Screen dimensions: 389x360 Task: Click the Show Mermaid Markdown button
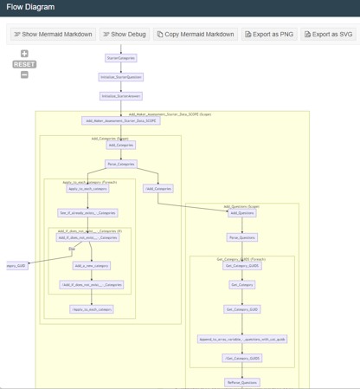(x=52, y=35)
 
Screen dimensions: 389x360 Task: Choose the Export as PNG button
(x=269, y=35)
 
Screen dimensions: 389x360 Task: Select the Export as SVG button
(x=330, y=35)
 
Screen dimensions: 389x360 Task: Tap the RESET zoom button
(x=24, y=64)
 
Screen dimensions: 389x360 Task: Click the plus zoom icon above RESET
(x=24, y=54)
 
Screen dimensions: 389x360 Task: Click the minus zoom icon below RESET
(x=24, y=75)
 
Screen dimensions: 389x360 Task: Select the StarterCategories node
(x=121, y=58)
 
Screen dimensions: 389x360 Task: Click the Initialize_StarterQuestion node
(x=121, y=77)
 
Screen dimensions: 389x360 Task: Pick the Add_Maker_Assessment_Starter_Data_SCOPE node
(x=121, y=121)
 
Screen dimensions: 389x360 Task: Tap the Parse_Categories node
(x=121, y=164)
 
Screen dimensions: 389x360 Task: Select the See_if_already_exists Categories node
(x=87, y=212)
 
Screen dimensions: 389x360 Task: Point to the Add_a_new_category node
(x=91, y=266)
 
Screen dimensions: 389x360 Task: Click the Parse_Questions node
(x=242, y=237)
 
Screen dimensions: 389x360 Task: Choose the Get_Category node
(x=242, y=284)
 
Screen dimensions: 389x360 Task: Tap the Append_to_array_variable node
(x=242, y=339)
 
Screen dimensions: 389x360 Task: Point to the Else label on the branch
(x=72, y=249)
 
